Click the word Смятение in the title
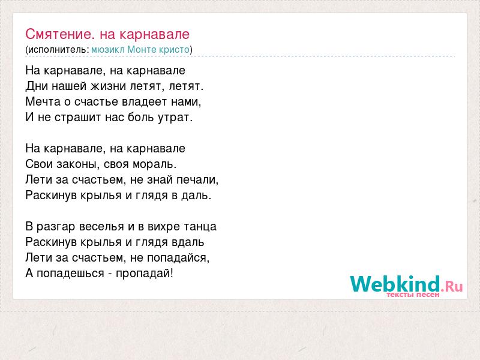(x=58, y=34)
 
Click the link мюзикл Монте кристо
(x=140, y=50)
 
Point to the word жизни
(x=109, y=86)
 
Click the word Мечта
(x=43, y=101)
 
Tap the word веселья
(x=101, y=227)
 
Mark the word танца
(x=200, y=227)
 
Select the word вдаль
(x=188, y=242)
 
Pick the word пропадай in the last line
(x=143, y=274)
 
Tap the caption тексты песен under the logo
(x=413, y=295)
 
